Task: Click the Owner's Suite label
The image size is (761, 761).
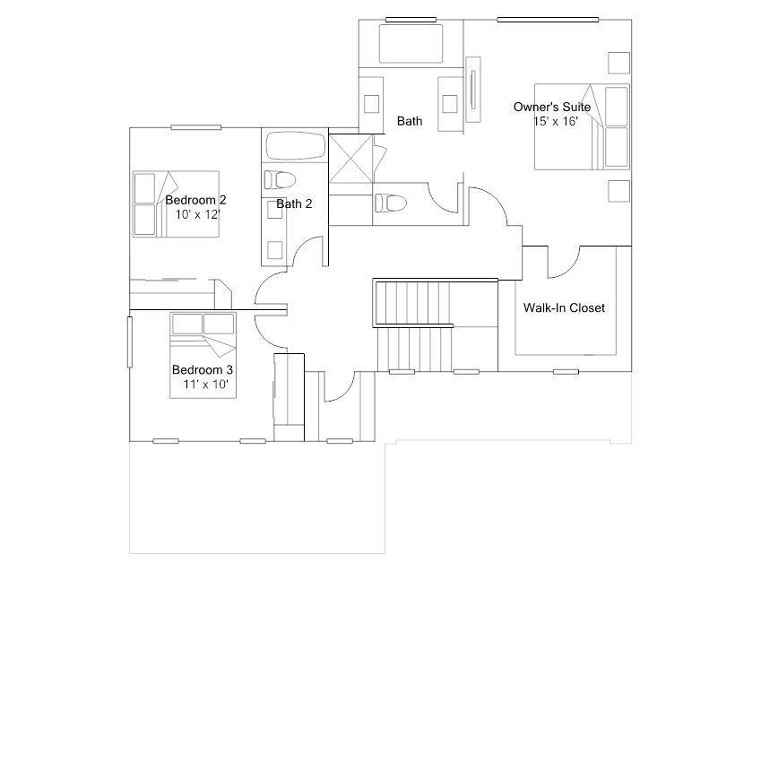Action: click(552, 108)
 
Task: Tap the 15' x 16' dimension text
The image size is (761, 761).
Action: click(556, 121)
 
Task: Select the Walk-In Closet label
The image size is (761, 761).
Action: click(564, 307)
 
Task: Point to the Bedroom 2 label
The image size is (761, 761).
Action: click(195, 200)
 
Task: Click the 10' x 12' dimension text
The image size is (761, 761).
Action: click(197, 214)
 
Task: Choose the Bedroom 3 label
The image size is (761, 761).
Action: click(203, 370)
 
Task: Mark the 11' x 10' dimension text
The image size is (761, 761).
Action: click(205, 384)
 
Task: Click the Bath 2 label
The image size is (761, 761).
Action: click(294, 203)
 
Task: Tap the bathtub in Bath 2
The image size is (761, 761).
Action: click(295, 145)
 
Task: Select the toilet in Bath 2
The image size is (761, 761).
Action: click(280, 179)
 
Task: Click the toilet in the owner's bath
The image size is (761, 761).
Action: click(390, 203)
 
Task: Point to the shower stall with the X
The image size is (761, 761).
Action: click(350, 159)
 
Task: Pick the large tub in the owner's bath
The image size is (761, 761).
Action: click(411, 44)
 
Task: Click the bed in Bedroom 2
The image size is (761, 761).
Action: click(176, 203)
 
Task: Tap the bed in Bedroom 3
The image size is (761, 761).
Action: click(203, 355)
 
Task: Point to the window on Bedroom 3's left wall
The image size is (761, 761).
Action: click(130, 342)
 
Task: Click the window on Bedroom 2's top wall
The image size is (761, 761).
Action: click(196, 127)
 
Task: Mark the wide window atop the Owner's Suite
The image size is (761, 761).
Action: click(548, 20)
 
